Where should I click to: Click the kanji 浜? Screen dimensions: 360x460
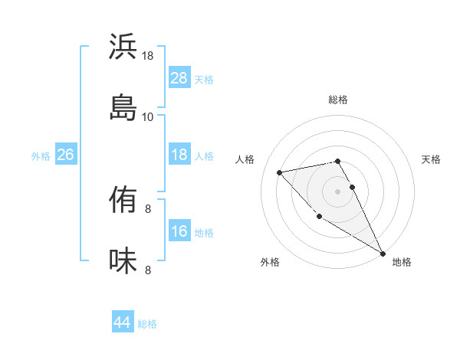point(123,47)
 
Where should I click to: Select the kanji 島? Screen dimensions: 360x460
point(123,106)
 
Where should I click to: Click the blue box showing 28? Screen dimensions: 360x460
point(179,77)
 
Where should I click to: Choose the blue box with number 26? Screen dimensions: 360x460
point(66,155)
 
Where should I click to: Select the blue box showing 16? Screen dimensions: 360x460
point(179,231)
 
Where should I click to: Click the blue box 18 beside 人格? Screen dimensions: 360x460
point(179,155)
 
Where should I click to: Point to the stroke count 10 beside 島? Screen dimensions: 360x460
point(147,116)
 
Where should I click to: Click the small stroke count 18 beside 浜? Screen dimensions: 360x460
point(147,56)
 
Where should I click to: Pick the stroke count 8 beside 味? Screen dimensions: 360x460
point(148,270)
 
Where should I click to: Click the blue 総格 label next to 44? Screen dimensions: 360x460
point(147,324)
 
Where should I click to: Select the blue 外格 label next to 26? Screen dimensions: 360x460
point(41,155)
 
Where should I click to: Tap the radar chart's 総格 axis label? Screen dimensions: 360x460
point(338,100)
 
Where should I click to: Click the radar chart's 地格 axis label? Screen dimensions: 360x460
point(402,262)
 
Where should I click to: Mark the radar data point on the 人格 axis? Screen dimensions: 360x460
point(280,172)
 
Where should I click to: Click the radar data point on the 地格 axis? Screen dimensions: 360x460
point(383,253)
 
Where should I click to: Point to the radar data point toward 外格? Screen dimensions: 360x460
point(319,216)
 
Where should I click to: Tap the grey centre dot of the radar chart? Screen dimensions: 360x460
point(338,191)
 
